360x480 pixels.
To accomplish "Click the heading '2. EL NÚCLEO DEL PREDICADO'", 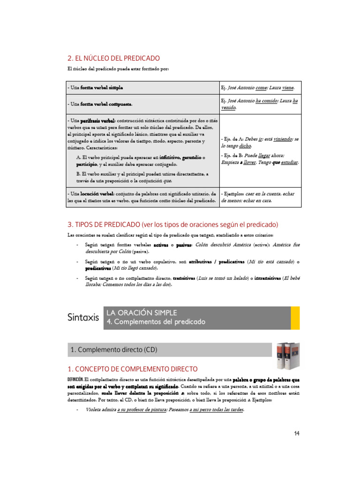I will pos(114,58).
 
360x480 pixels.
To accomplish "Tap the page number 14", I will pos(297,433).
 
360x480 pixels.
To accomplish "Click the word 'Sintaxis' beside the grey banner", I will pos(83,318).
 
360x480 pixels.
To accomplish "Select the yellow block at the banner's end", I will pos(295,317).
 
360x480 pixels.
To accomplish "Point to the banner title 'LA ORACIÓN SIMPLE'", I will pos(142,313).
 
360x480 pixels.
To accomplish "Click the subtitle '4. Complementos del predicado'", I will pos(156,322).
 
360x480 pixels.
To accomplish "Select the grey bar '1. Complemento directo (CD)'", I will pos(170,350).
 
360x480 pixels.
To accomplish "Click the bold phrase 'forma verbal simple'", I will pos(103,88).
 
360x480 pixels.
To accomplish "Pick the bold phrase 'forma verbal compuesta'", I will pos(106,104).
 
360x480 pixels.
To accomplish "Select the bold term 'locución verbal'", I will pos(97,194).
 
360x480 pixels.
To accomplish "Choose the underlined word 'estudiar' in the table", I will pos(289,162).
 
